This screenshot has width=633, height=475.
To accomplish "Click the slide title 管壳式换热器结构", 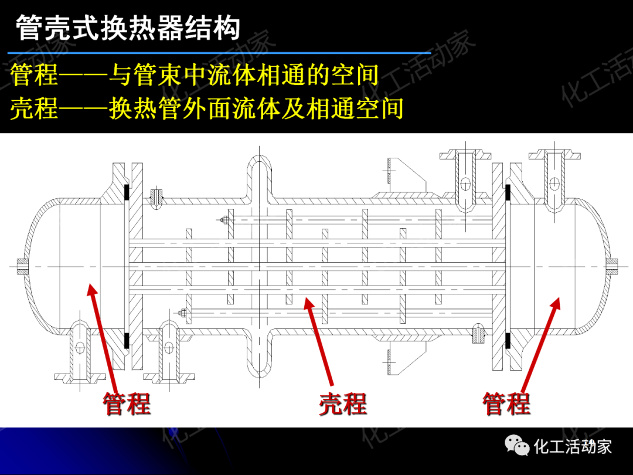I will pyautogui.click(x=128, y=28).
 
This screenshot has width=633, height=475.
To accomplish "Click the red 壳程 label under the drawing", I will pyautogui.click(x=343, y=405).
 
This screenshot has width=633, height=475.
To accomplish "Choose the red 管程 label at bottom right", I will pyautogui.click(x=506, y=404).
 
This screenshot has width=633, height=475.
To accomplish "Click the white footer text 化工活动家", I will pyautogui.click(x=573, y=447).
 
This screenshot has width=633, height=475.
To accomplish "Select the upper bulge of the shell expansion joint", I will pyautogui.click(x=259, y=176).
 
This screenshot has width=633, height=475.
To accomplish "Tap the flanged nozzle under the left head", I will pyautogui.click(x=79, y=352).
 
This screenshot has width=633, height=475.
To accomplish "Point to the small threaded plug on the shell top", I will pyautogui.click(x=156, y=198).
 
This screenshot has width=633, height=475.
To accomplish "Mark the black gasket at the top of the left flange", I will pyautogui.click(x=126, y=193).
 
